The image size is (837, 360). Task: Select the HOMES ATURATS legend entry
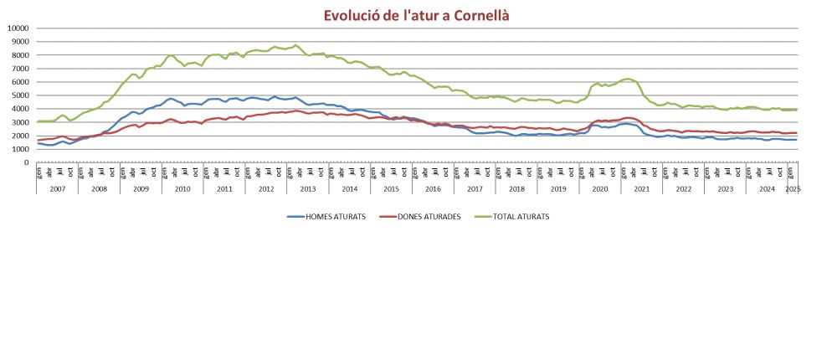pos(327,216)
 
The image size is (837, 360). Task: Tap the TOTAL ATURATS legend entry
pos(511,216)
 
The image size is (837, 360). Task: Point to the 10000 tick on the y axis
pos(18,28)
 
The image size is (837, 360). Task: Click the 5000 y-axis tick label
pos(20,95)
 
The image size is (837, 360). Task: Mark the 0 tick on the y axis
pos(28,162)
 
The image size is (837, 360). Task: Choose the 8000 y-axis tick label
pos(20,55)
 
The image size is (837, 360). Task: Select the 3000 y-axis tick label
pos(20,122)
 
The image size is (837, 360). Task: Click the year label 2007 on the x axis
pos(57,189)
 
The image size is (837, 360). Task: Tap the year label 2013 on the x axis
pos(307,189)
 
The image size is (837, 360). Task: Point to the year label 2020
pos(599,189)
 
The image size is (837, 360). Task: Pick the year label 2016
pos(433,189)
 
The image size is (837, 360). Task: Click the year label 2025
pos(793,189)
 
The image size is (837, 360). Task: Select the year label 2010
pos(182,189)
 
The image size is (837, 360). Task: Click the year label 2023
pos(725,189)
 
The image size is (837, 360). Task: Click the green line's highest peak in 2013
pos(295,45)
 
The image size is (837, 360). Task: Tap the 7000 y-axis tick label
pos(20,69)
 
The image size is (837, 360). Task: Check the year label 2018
pos(516,189)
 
